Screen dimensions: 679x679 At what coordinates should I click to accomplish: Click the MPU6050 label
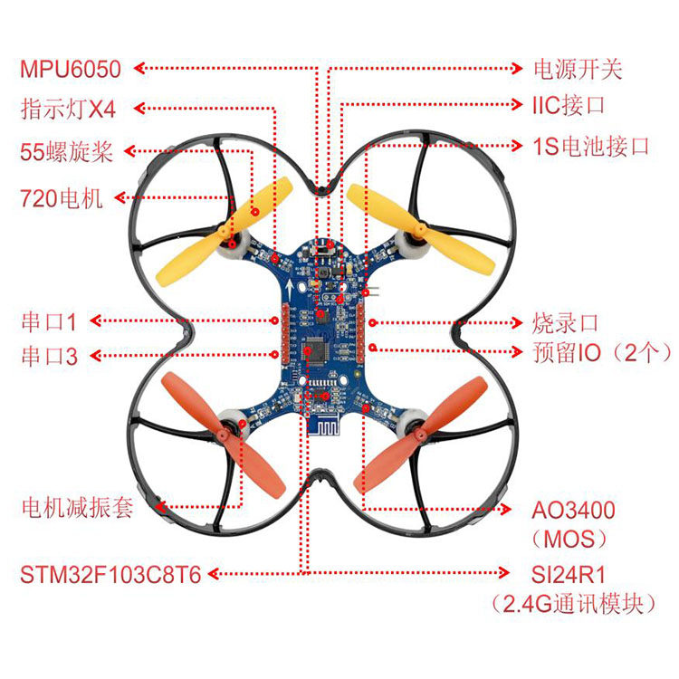pos(75,69)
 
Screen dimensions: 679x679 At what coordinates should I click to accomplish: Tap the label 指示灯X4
pos(69,109)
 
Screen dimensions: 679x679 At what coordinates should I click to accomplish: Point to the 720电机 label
pos(62,198)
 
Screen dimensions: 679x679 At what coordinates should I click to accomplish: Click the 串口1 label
pos(50,321)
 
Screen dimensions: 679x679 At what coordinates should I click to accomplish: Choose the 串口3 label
pos(50,356)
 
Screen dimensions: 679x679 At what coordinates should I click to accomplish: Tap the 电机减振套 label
pos(77,507)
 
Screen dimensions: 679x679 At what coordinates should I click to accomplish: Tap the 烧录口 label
pos(566,322)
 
